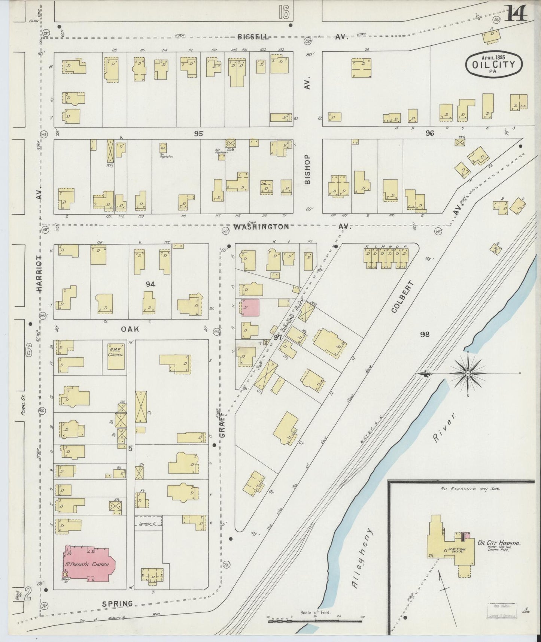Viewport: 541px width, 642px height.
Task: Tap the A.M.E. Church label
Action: tap(116, 352)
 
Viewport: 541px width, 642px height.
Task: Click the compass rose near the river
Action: tap(468, 373)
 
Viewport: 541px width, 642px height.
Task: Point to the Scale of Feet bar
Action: tap(315, 621)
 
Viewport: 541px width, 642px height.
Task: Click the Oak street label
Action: tap(130, 329)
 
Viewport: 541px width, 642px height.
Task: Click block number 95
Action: tap(198, 133)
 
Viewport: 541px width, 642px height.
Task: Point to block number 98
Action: tap(424, 334)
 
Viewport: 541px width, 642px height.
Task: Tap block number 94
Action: tap(150, 284)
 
